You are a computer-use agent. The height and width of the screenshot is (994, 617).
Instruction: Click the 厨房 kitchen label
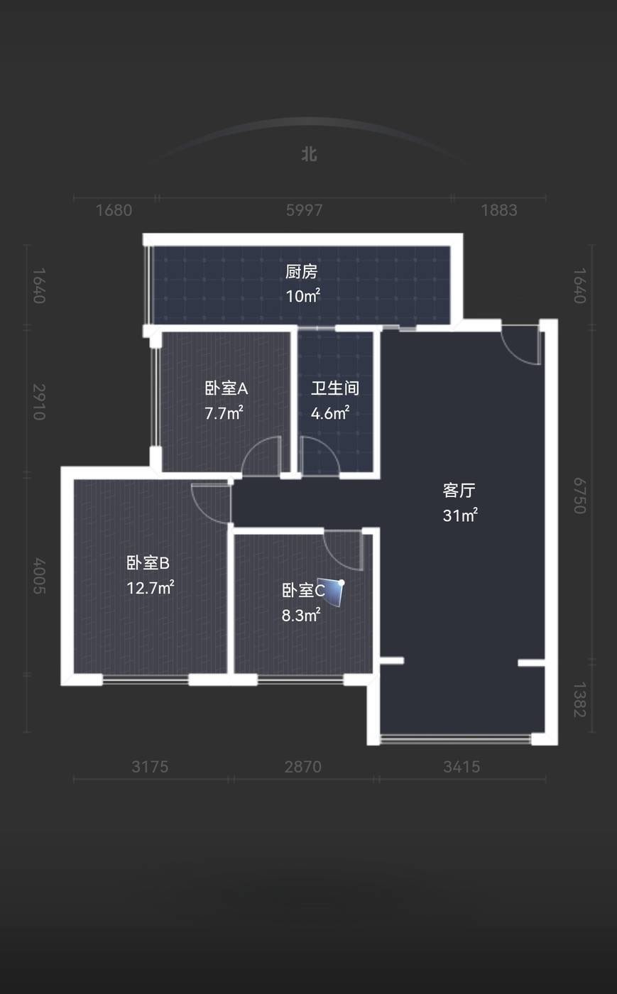301,271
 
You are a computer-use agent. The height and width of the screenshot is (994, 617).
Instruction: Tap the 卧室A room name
226,388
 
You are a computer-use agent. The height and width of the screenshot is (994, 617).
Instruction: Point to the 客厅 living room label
459,490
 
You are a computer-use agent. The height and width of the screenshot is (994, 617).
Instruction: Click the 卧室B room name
148,562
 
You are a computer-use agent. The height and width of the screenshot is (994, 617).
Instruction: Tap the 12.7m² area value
150,588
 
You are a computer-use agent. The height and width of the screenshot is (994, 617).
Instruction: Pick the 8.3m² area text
301,615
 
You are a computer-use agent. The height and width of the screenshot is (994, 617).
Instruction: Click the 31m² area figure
460,515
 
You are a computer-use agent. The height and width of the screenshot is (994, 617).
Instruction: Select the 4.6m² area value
330,413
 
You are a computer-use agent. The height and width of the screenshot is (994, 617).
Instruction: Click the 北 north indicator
309,155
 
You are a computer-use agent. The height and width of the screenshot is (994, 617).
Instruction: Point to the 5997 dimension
304,210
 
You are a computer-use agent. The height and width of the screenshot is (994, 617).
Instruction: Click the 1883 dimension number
499,210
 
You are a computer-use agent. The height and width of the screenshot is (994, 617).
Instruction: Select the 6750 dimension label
580,496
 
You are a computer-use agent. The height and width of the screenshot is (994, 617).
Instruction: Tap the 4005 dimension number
39,576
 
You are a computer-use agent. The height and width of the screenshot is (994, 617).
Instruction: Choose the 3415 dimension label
462,766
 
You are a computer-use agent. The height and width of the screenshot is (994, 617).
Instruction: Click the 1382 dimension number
580,699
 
